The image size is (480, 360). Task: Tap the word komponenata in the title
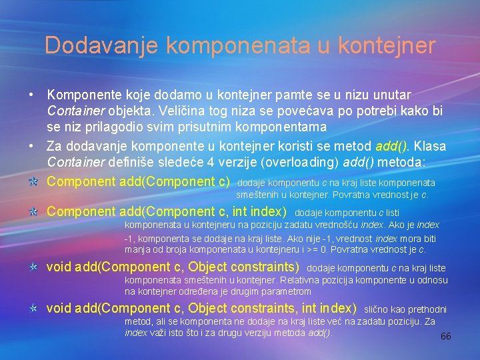point(239,45)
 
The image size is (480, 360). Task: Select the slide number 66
point(445,336)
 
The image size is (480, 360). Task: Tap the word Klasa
point(429,145)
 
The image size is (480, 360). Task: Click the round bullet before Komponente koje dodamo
point(32,95)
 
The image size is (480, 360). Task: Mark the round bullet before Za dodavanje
point(32,145)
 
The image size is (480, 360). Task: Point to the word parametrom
point(289,291)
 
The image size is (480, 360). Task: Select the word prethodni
point(426,309)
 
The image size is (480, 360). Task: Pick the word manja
point(136,249)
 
